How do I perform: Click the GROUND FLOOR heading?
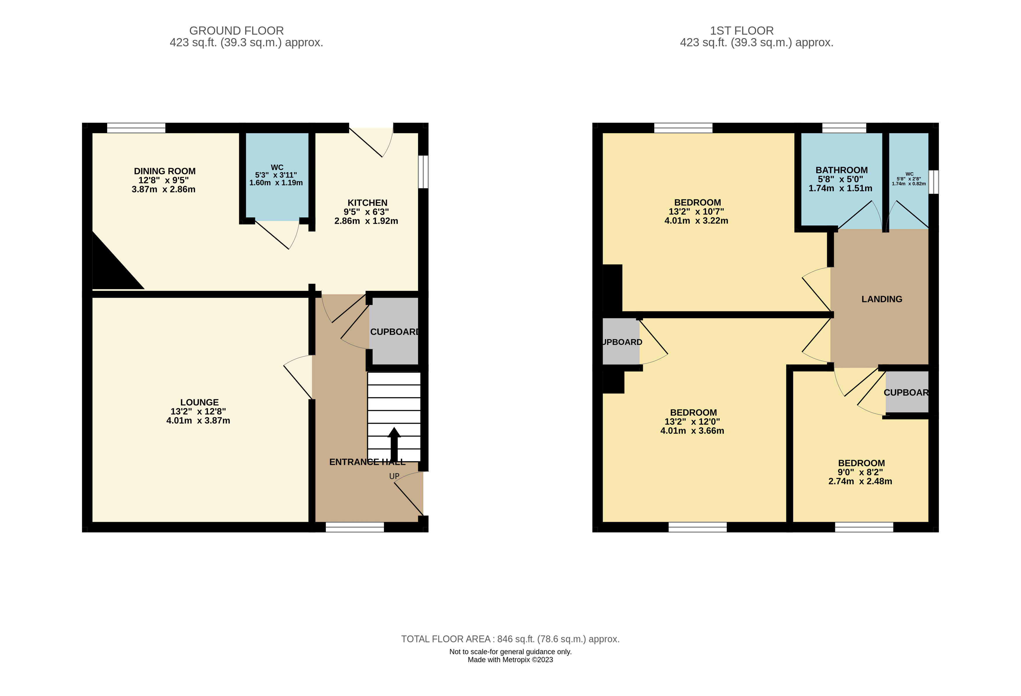(x=236, y=31)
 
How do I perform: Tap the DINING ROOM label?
(x=165, y=171)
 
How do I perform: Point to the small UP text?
(x=394, y=476)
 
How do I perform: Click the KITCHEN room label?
(x=367, y=203)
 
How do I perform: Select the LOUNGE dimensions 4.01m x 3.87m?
(x=198, y=421)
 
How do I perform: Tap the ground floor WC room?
(x=277, y=198)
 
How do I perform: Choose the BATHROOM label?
(x=841, y=170)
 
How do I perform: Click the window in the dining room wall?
(x=136, y=128)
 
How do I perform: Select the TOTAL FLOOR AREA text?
(x=510, y=639)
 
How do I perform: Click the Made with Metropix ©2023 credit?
(x=510, y=660)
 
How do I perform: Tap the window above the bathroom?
(x=844, y=128)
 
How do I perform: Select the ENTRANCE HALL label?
(x=367, y=462)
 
